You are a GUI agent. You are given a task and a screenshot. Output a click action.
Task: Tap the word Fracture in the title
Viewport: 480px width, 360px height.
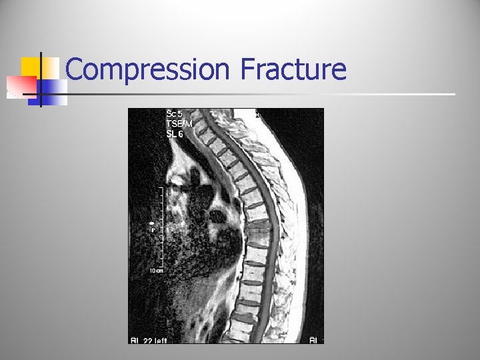(293, 69)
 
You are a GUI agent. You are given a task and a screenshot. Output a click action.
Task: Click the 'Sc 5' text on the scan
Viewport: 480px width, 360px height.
(175, 114)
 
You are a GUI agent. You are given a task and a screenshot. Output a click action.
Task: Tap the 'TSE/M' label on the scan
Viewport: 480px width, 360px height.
(179, 124)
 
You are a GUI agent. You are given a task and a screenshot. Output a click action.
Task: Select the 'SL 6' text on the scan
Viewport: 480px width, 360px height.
(175, 134)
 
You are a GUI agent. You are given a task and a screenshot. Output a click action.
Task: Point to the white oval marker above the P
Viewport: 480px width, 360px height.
(152, 223)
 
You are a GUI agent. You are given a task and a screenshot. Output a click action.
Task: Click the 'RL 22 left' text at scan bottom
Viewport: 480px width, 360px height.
(149, 340)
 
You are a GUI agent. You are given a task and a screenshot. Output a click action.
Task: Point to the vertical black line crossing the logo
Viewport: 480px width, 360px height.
(41, 79)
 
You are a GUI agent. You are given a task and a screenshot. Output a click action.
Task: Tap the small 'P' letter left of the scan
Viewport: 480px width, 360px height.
(153, 229)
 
